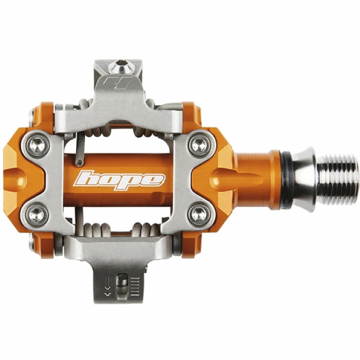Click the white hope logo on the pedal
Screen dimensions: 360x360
click(x=120, y=180)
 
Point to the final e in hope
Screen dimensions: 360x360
click(x=154, y=180)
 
